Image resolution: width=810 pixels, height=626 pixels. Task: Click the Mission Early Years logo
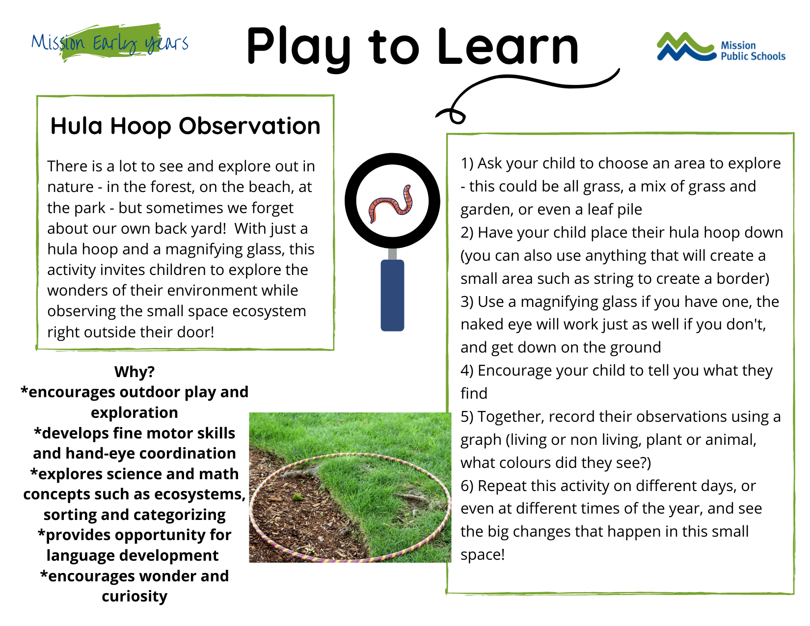pyautogui.click(x=110, y=43)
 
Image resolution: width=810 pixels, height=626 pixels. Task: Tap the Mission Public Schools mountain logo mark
pyautogui.click(x=686, y=47)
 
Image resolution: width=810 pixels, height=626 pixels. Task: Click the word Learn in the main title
pyautogui.click(x=507, y=47)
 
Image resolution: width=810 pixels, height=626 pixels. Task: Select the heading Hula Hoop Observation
pyautogui.click(x=185, y=126)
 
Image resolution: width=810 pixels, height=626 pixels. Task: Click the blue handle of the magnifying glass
pyautogui.click(x=392, y=295)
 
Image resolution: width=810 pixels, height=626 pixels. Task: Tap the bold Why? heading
pyautogui.click(x=135, y=372)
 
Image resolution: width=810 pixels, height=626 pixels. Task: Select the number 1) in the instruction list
pyautogui.click(x=467, y=163)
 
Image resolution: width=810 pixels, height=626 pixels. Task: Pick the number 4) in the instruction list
pyautogui.click(x=467, y=371)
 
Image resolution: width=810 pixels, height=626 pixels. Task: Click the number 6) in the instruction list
pyautogui.click(x=467, y=486)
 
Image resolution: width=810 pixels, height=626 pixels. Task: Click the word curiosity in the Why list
pyautogui.click(x=135, y=597)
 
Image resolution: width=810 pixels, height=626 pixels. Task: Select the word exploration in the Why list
pyautogui.click(x=135, y=413)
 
